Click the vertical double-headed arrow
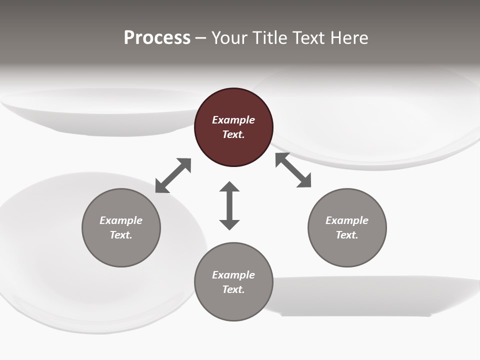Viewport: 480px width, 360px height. point(229,205)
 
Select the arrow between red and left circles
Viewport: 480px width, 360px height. point(173,175)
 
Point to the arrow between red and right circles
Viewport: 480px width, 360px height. point(293,170)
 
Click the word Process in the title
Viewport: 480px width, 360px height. point(157,38)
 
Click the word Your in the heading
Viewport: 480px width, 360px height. point(230,38)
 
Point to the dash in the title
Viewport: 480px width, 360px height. point(201,38)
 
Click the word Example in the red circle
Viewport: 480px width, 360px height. point(233,120)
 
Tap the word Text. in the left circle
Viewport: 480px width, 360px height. point(121,235)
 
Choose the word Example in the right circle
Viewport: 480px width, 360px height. point(347,220)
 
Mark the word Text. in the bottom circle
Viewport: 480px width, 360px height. point(233,289)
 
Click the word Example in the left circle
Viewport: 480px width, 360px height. point(121,220)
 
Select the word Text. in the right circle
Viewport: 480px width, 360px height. point(347,235)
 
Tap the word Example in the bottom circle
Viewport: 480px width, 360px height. point(233,275)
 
